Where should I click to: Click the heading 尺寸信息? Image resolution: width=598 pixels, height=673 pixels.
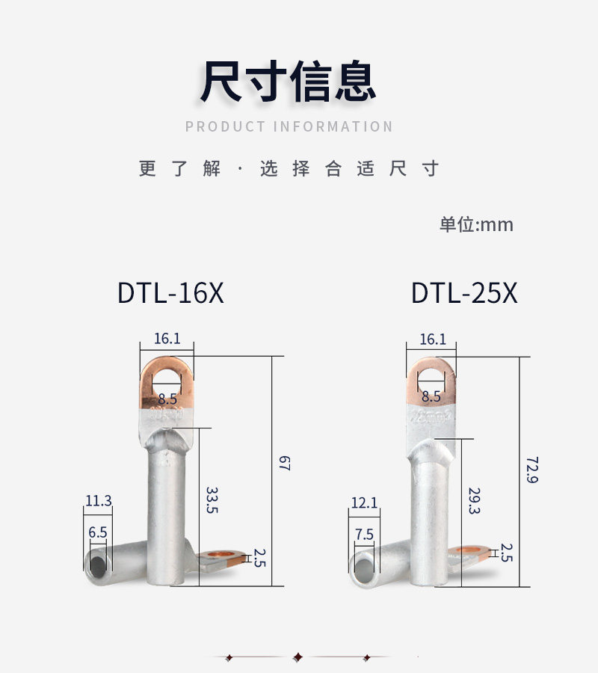tap(288, 82)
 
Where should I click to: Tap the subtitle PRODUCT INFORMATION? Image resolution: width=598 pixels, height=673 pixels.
tap(289, 126)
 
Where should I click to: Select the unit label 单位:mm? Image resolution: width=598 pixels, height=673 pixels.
tap(476, 224)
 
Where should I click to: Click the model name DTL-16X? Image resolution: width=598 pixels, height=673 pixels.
tap(170, 293)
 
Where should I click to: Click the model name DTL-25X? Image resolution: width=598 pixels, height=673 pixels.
tap(463, 293)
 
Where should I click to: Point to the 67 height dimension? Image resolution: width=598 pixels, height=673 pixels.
tap(284, 463)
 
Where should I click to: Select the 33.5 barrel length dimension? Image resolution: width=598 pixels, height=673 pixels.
tap(212, 500)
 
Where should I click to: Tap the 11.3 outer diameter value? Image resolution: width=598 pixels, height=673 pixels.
tap(98, 501)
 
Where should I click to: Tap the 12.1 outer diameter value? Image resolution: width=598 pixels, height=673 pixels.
tap(364, 503)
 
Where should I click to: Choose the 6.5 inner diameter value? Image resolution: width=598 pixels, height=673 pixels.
tap(98, 532)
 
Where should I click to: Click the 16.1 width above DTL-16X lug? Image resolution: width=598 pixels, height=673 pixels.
tap(167, 339)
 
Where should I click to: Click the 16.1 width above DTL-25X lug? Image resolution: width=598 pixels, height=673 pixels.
tap(432, 339)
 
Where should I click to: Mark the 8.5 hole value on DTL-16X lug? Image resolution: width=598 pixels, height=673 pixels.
tap(167, 399)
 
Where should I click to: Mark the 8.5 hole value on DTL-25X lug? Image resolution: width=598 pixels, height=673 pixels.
tap(431, 396)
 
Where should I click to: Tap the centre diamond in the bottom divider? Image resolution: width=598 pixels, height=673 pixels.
tap(299, 657)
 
